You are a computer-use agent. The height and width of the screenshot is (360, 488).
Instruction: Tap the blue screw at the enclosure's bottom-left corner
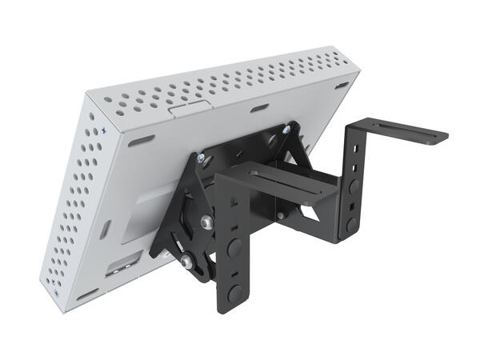click(x=58, y=294)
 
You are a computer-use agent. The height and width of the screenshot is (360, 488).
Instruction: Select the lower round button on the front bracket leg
click(x=234, y=293)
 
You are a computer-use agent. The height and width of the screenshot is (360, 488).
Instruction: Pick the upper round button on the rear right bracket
click(x=354, y=186)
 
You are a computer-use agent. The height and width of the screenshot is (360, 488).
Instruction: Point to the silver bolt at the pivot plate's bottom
click(x=187, y=260)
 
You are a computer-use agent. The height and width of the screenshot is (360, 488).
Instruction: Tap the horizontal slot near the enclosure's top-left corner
click(x=142, y=140)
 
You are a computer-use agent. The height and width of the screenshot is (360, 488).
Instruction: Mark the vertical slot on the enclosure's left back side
click(x=107, y=230)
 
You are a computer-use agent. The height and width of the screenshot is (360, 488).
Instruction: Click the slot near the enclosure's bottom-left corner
click(x=86, y=294)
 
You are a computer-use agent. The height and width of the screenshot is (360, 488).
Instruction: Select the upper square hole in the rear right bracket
click(x=353, y=153)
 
